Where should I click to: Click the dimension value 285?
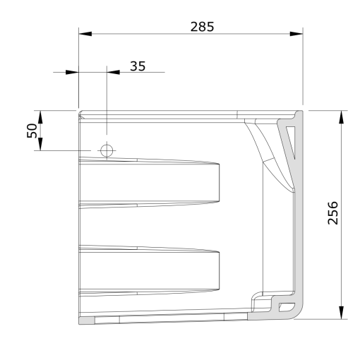click(x=203, y=26)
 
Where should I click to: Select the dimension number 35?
click(x=138, y=66)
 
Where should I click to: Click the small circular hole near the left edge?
click(x=107, y=150)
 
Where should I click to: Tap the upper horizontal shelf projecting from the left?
click(x=148, y=184)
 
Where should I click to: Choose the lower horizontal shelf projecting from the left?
click(x=148, y=270)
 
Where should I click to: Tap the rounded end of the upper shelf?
click(x=215, y=184)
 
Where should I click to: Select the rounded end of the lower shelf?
click(x=215, y=270)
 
